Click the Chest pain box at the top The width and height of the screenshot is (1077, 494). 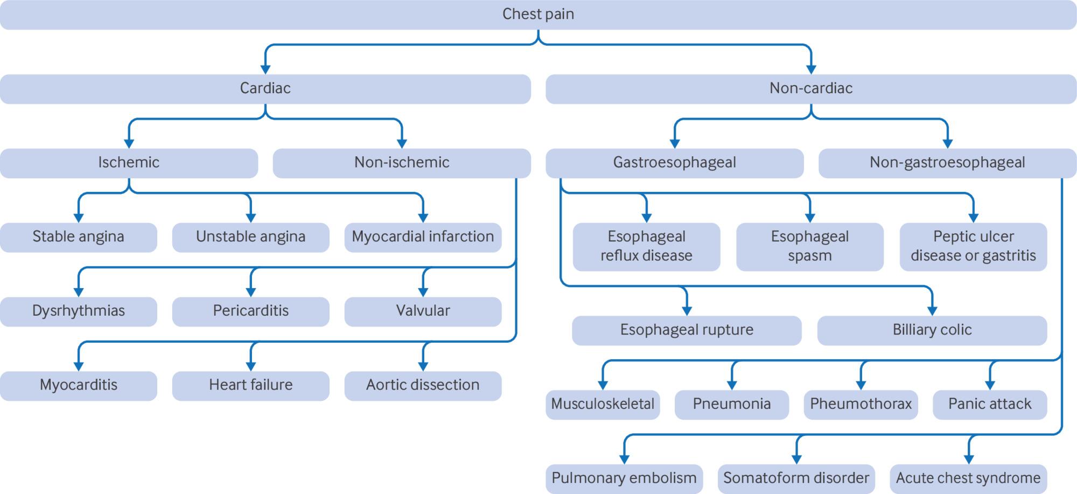pos(538,15)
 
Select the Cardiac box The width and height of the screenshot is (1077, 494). pos(265,89)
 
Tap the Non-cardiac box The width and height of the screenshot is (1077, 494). pos(811,89)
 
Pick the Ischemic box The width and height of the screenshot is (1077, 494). pos(129,163)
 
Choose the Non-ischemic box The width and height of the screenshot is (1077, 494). pos(402,163)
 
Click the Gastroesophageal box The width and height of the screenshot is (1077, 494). pos(675,163)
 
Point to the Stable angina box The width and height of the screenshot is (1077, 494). pos(79,238)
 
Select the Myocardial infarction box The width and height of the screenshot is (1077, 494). pos(423,238)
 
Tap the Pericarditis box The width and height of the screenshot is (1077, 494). pos(251,312)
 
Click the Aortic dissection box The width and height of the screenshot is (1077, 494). pos(423,386)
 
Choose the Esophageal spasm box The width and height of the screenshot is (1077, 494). pos(810,247)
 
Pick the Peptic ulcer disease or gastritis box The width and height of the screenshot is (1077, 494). pos(974,247)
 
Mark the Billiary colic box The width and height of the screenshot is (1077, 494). pos(932,331)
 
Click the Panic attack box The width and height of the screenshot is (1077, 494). pos(990,405)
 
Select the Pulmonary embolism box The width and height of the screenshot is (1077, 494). pos(624,479)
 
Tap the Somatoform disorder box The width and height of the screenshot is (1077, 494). pos(796,479)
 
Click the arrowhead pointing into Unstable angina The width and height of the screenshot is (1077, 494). pos(251,218)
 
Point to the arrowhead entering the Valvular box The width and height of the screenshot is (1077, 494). pos(423,293)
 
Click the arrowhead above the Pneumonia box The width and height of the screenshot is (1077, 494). pos(732,386)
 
